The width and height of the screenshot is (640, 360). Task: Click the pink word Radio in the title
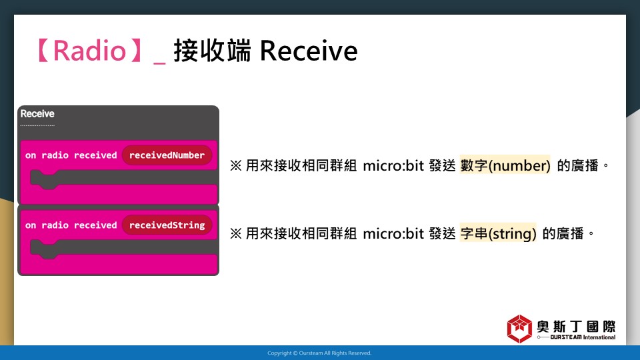point(89,51)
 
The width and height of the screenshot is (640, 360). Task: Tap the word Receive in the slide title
point(309,51)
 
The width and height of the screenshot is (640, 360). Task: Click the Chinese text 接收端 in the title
point(212,51)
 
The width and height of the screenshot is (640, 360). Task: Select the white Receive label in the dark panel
point(37,113)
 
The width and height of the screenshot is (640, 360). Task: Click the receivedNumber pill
point(167,155)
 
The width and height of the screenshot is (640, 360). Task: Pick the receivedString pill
point(167,225)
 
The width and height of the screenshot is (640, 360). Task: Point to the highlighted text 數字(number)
point(505,165)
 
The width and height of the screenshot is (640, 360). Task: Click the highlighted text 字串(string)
point(498,233)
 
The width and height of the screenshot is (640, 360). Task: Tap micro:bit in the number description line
point(393,165)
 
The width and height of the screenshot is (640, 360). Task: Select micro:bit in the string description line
point(393,233)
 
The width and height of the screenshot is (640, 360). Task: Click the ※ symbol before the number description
point(235,165)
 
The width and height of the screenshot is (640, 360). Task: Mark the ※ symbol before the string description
point(235,233)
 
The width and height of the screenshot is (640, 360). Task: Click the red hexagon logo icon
point(519,329)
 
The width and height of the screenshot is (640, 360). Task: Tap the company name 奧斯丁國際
point(576,327)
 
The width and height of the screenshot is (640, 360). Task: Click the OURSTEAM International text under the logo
point(583,337)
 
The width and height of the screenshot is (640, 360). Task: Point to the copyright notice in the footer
point(319,353)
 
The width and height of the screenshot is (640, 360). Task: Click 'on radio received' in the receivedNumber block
point(71,155)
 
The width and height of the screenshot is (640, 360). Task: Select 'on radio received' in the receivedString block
point(71,225)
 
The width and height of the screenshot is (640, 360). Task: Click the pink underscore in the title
point(159,63)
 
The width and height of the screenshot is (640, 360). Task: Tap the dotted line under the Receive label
point(37,125)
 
